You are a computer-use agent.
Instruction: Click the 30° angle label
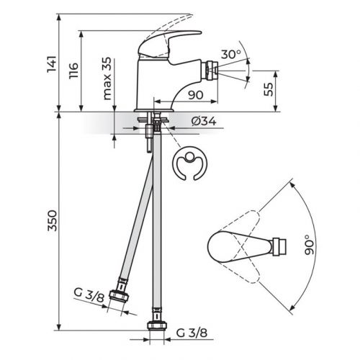(x=231, y=55)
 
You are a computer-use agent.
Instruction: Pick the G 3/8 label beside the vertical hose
(x=192, y=333)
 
